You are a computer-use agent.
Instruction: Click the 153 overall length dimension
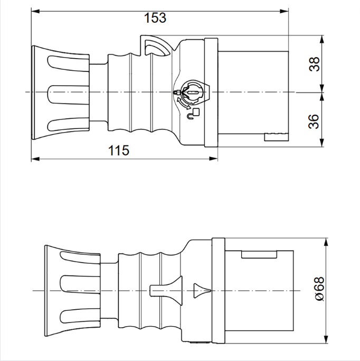coord(155,18)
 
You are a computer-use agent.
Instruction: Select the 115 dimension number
coord(119,151)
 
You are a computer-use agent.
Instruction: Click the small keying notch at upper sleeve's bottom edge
coord(277,138)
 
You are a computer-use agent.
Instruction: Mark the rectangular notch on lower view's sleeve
coord(259,254)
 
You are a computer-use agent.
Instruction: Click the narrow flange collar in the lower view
coord(218,290)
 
